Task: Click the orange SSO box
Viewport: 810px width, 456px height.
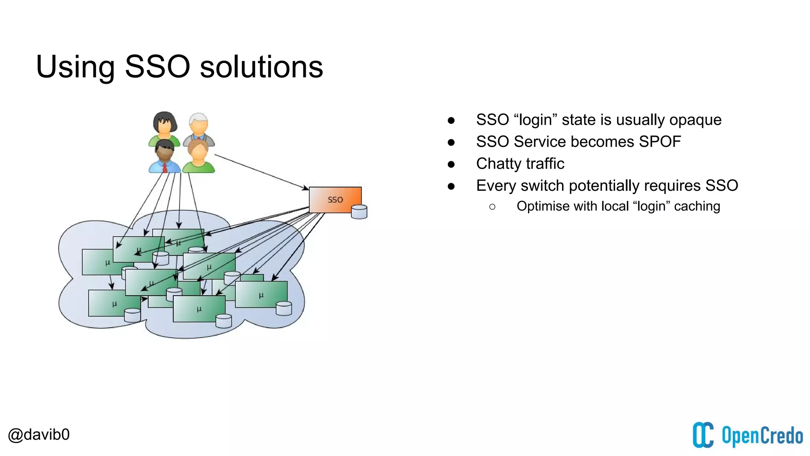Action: point(335,199)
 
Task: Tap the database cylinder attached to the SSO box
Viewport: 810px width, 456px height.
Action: point(359,212)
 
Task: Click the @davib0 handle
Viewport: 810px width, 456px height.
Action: point(39,435)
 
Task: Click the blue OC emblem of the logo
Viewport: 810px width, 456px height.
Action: point(703,435)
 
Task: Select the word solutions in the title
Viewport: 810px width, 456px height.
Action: point(261,66)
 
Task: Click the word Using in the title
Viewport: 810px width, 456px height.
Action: point(75,66)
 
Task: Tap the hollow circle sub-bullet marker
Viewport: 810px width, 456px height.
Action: point(492,207)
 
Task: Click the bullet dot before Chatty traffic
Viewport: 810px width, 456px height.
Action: point(451,164)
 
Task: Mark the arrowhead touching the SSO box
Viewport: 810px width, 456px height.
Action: point(305,188)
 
